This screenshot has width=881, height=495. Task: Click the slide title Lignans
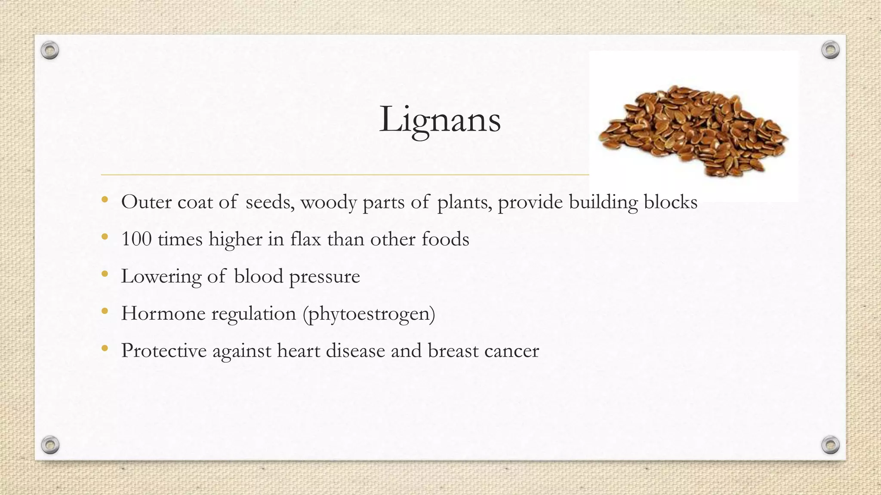tap(440, 119)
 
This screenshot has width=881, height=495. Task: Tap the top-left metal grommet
tap(50, 51)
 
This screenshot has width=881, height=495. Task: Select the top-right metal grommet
tap(830, 50)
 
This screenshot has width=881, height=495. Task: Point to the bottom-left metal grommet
tap(50, 445)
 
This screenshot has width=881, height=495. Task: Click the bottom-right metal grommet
tap(830, 445)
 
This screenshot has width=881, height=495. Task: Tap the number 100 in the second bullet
tap(136, 239)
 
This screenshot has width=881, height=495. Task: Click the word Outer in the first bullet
tap(146, 202)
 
